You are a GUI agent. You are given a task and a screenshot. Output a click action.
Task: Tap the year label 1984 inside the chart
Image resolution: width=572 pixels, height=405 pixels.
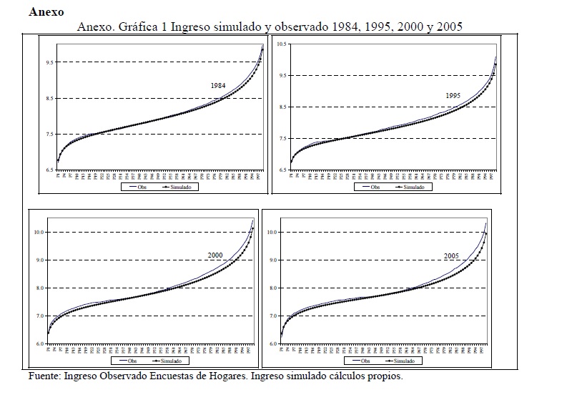[218, 86]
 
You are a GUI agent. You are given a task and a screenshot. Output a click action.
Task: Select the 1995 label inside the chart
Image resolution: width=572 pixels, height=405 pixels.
[453, 95]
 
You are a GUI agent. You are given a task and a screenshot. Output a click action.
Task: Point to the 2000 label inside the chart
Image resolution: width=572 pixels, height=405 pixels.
[214, 255]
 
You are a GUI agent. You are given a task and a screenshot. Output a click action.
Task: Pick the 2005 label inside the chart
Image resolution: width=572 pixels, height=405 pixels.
[451, 255]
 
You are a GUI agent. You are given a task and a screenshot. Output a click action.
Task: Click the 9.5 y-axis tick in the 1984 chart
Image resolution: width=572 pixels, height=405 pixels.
[49, 63]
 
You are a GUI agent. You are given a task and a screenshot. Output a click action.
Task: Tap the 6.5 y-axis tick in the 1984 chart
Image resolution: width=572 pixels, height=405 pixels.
[49, 170]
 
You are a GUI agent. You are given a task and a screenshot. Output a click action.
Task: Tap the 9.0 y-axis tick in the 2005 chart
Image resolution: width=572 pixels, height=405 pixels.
[272, 260]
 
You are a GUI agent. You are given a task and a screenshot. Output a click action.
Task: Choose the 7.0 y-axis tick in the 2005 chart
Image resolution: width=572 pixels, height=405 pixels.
[272, 316]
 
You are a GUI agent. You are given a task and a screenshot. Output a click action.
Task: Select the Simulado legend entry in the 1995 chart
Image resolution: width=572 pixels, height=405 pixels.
[413, 187]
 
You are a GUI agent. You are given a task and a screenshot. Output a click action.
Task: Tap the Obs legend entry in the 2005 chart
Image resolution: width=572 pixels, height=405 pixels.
[365, 361]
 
